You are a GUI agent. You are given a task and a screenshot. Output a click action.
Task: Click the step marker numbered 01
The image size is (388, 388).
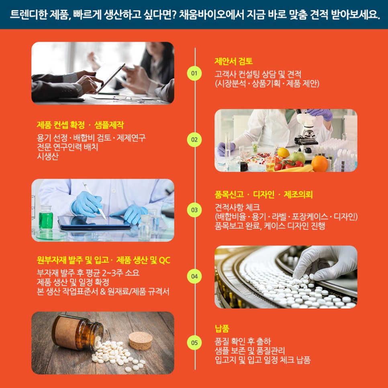pos(194,74)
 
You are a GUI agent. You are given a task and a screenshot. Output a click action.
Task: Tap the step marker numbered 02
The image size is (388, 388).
pos(194,140)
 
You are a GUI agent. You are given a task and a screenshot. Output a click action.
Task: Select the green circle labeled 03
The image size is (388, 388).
pos(194,210)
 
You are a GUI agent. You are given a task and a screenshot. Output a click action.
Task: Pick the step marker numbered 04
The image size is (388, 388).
pos(194,276)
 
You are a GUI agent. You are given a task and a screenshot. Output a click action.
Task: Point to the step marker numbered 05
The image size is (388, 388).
pos(194,343)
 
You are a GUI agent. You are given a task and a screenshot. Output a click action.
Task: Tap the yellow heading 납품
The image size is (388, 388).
pos(222,329)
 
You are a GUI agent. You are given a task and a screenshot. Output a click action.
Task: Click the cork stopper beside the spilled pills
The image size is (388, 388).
pos(141,340)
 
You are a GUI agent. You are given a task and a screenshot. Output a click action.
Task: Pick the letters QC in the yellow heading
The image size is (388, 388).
pos(165,260)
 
